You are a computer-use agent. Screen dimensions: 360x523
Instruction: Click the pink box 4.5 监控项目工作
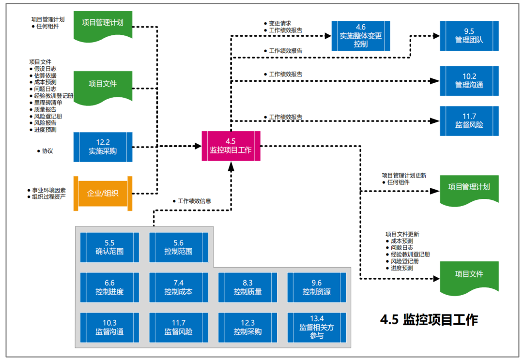(231, 146)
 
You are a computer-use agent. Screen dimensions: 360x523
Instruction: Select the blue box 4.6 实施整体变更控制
(360, 36)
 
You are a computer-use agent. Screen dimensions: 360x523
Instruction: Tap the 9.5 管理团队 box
(469, 36)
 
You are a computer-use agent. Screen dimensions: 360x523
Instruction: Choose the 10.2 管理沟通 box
(469, 81)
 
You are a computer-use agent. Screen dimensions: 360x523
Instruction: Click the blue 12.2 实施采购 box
(103, 147)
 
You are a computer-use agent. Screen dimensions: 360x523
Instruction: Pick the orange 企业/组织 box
(103, 193)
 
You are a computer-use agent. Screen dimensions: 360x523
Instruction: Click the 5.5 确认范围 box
(109, 247)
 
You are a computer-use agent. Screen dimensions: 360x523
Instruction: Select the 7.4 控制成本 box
(178, 287)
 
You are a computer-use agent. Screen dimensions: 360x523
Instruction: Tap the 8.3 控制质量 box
(247, 287)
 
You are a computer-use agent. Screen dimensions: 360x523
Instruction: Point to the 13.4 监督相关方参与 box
(317, 327)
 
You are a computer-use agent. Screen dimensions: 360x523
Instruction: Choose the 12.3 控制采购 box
(247, 328)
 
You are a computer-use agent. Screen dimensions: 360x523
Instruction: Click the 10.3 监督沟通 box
(109, 328)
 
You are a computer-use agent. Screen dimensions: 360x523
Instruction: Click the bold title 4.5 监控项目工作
(429, 320)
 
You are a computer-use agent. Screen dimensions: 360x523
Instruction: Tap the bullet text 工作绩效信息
(194, 201)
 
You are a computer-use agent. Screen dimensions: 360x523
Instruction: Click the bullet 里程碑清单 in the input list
(48, 103)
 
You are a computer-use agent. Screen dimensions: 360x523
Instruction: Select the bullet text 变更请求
(280, 23)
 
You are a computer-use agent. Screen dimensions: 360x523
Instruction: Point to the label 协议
(47, 151)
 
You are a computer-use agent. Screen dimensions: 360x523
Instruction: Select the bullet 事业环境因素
(49, 190)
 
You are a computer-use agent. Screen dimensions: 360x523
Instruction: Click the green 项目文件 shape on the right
(469, 275)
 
